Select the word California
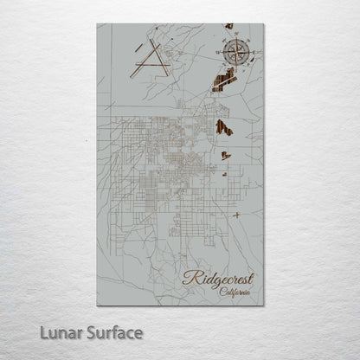coord(235,294)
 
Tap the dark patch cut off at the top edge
coord(228,27)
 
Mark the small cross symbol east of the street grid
coord(236,215)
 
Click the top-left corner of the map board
coord(98,24)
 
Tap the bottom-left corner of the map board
coord(98,306)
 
